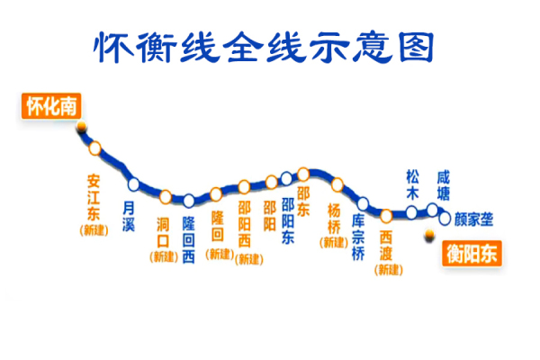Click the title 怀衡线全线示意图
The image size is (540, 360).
pyautogui.click(x=264, y=48)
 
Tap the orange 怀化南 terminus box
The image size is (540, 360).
pyautogui.click(x=51, y=106)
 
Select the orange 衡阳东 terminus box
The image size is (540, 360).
pyautogui.click(x=472, y=254)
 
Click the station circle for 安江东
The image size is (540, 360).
pyautogui.click(x=95, y=148)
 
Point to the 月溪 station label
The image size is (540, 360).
pyautogui.click(x=129, y=216)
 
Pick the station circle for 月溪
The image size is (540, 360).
pyautogui.click(x=133, y=184)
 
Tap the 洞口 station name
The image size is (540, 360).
pyautogui.click(x=163, y=232)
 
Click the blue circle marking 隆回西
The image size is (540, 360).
pyautogui.click(x=189, y=201)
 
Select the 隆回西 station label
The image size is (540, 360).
pyautogui.click(x=188, y=240)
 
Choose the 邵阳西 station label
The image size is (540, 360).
pyautogui.click(x=244, y=224)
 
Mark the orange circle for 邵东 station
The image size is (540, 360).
pyautogui.click(x=303, y=175)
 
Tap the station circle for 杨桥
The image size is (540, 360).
pyautogui.click(x=337, y=184)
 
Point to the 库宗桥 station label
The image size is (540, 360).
pyautogui.click(x=358, y=238)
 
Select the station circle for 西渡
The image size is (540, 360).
pyautogui.click(x=386, y=216)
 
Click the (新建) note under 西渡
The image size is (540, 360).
pyautogui.click(x=389, y=270)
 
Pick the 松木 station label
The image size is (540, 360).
pyautogui.click(x=412, y=185)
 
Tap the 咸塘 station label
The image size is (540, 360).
pyautogui.click(x=443, y=185)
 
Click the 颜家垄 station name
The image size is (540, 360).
pyautogui.click(x=474, y=220)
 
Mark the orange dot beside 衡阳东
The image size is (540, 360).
pyautogui.click(x=429, y=235)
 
